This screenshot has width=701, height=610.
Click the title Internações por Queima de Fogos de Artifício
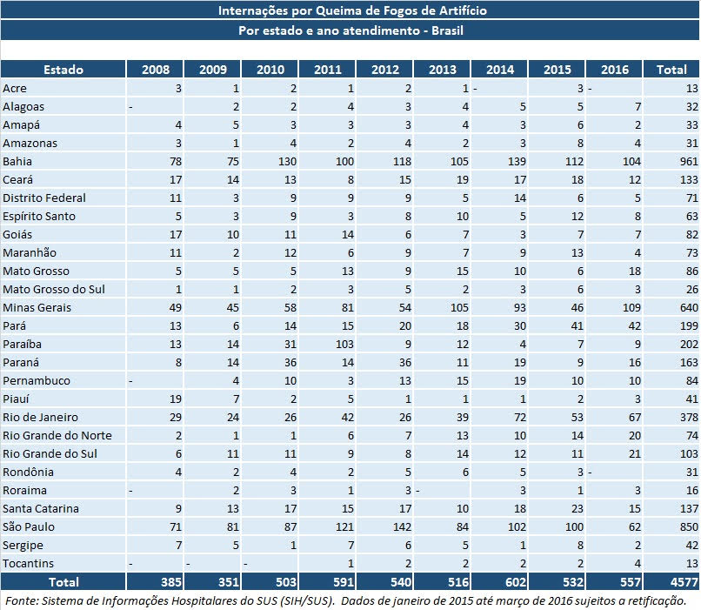click(x=351, y=10)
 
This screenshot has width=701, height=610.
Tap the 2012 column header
click(x=384, y=69)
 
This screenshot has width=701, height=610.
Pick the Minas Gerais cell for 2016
click(x=615, y=308)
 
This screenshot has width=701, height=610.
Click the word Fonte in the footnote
click(x=21, y=601)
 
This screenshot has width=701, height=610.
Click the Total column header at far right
click(x=671, y=69)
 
